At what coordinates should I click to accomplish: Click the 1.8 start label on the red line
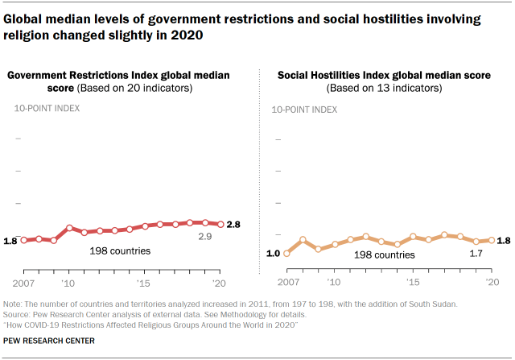pyautogui.click(x=10, y=240)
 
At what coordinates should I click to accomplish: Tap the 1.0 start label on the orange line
pyautogui.click(x=273, y=254)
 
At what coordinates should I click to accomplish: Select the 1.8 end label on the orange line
pyautogui.click(x=505, y=240)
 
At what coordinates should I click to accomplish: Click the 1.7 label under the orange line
pyautogui.click(x=476, y=254)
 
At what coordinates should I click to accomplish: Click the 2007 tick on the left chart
pyautogui.click(x=24, y=284)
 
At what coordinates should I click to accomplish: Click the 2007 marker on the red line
pyautogui.click(x=23, y=240)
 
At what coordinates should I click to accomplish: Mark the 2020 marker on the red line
pyautogui.click(x=221, y=224)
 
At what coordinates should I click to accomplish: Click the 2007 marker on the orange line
pyautogui.click(x=287, y=254)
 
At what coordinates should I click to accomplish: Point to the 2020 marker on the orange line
pyautogui.click(x=491, y=240)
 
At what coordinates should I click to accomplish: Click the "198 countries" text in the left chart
pyautogui.click(x=120, y=251)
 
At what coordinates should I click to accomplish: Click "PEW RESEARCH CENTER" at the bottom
pyautogui.click(x=48, y=341)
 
